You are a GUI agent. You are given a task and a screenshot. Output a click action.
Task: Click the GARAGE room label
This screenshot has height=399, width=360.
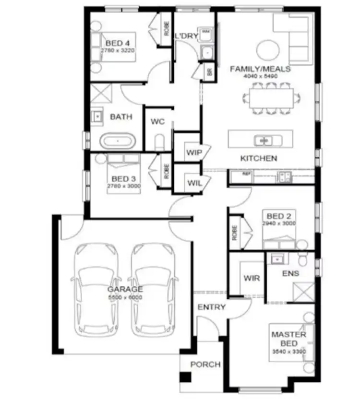point(125,289)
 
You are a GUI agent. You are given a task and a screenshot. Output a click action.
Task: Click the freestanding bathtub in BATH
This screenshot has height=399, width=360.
point(117,141)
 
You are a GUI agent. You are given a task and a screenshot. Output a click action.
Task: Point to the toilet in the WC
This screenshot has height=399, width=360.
point(160,142)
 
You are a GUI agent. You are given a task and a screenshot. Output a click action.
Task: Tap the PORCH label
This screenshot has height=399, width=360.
point(205,364)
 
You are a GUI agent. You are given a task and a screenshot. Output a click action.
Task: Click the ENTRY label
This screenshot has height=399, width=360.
point(211,307)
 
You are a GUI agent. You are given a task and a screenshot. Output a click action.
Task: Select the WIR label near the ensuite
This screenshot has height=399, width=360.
point(252,278)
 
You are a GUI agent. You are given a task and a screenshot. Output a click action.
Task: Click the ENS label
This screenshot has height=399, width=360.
point(291,273)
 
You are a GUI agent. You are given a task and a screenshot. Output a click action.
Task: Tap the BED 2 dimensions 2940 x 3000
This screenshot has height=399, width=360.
point(278,223)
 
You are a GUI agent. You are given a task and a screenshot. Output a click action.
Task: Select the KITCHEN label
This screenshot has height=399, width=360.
point(259,158)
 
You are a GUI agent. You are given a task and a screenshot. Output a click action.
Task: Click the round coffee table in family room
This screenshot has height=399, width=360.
point(267,49)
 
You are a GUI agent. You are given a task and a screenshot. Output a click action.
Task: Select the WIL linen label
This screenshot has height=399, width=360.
point(194,183)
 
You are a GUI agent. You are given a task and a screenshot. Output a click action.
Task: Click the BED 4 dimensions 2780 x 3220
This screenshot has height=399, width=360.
point(118,49)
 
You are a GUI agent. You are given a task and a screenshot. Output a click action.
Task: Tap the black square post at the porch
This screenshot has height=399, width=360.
point(185,377)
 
